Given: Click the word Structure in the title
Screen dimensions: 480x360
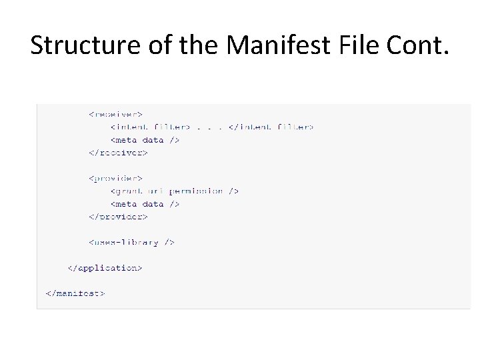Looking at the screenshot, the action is point(76,45).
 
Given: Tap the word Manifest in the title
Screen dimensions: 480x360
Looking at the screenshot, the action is point(278,45).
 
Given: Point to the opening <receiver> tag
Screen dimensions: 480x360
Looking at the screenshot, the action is point(116,114).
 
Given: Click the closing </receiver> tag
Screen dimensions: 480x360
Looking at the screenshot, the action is point(118,153).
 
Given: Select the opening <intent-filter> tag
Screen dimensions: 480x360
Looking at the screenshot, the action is point(151,127).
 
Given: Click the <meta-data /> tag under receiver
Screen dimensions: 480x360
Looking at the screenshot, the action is point(145,140).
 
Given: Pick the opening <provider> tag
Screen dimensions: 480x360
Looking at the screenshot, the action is point(116,178).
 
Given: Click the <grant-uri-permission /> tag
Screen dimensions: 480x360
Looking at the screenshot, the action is point(175,191).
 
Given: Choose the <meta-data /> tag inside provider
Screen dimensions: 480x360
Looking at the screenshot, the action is point(145,204).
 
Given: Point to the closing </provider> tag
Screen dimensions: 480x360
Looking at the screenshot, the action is point(118,217).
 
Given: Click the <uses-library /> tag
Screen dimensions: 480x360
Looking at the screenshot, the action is point(131,242).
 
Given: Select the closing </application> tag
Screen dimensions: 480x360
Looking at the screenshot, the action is point(105,268).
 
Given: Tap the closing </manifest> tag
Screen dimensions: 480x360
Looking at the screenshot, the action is point(75,293).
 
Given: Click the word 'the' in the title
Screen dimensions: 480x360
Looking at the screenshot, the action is point(197,45).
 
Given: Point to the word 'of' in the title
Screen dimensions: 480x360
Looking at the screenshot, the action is point(150,45).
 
